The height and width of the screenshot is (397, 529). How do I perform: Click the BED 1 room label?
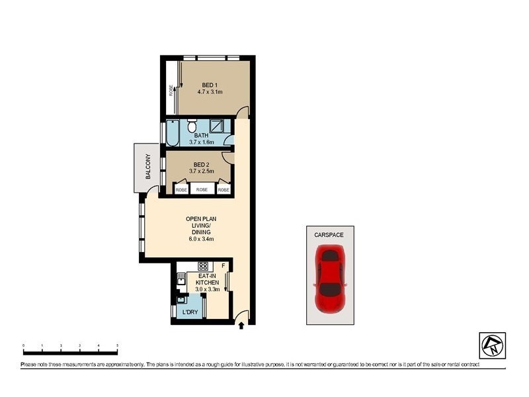pos(209,85)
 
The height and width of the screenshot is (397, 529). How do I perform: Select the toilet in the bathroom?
pos(192,126)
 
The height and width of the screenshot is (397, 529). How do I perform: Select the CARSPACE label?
pos(329,234)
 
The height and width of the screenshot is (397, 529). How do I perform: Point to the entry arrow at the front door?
pos(241,325)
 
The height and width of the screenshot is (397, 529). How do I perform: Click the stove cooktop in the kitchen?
pos(203,267)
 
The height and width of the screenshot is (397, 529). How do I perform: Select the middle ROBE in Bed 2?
pos(202,189)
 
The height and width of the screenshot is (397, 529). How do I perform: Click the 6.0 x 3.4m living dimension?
pos(201,239)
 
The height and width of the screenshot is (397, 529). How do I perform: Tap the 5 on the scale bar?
pos(117,345)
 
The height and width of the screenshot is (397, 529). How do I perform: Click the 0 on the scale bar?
pos(23,345)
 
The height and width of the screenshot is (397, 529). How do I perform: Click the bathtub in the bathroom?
pos(172,134)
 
